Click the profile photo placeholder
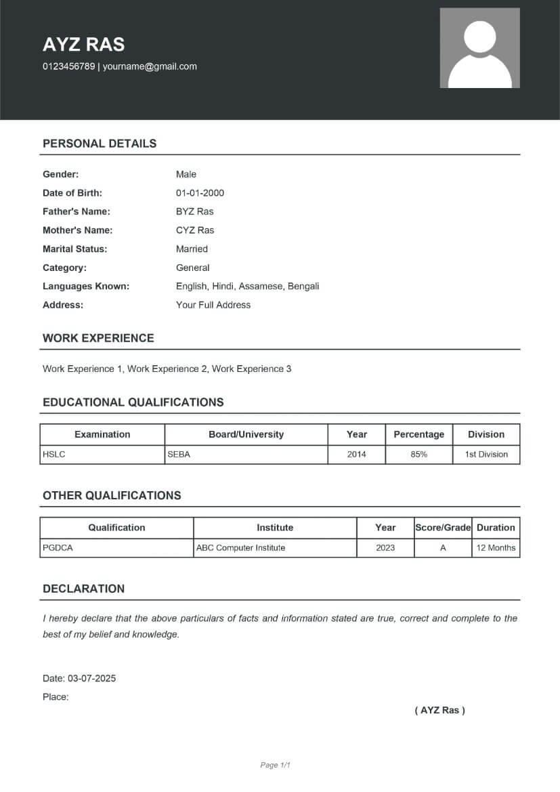point(479,48)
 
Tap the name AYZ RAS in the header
point(83,45)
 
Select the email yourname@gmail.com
point(150,66)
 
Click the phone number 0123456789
point(68,66)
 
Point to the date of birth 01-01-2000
point(200,193)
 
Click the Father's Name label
point(76,211)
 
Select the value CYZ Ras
point(194,230)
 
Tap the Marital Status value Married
point(192,249)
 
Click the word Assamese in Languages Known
point(261,286)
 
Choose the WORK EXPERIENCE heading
point(98,338)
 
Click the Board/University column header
point(246,434)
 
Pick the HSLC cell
point(54,455)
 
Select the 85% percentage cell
point(418,455)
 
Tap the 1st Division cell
point(486,455)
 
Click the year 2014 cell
point(356,455)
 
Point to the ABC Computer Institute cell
point(240,547)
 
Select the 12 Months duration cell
point(496,547)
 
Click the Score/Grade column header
point(442,527)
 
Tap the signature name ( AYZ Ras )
point(439,710)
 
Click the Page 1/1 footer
point(275,765)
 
